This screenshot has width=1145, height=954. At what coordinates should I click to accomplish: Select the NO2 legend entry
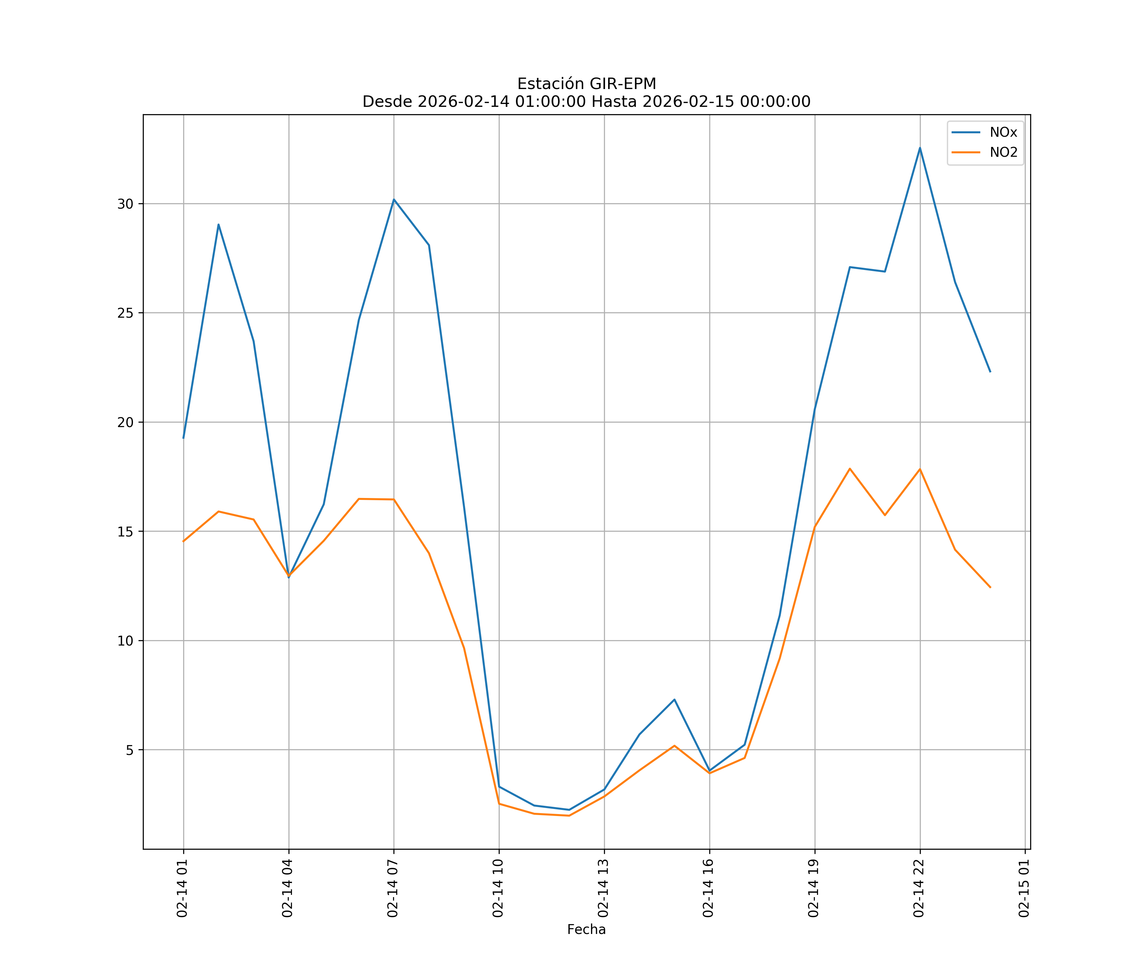pos(1002,153)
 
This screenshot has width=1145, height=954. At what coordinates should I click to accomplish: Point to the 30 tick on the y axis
pos(125,204)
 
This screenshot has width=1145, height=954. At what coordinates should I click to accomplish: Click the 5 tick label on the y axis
pos(129,750)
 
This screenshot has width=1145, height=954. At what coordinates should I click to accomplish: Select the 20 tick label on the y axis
pos(125,423)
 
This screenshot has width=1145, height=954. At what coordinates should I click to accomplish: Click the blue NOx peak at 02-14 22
pos(920,148)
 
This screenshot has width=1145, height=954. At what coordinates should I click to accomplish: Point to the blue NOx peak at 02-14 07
pos(394,199)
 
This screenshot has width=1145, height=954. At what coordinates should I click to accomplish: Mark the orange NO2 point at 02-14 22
pos(920,469)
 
